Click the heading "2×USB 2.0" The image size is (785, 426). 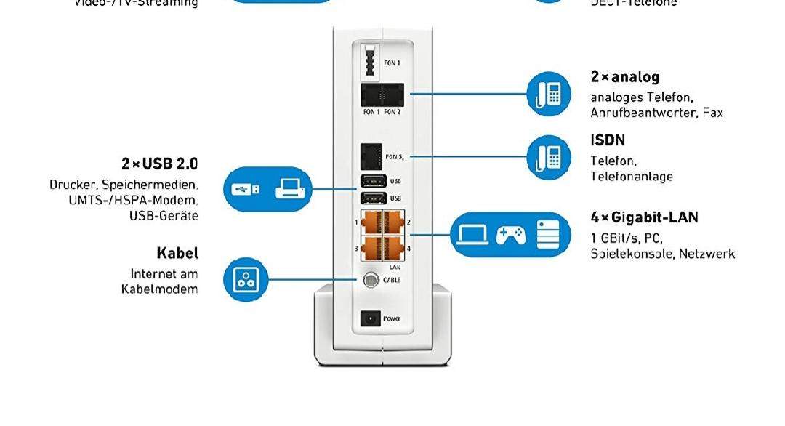pyautogui.click(x=159, y=164)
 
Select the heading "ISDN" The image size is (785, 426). pyautogui.click(x=608, y=140)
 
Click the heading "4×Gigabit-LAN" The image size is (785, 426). pyautogui.click(x=644, y=217)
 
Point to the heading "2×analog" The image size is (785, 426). pyautogui.click(x=625, y=77)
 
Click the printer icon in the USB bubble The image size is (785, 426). pyautogui.click(x=292, y=190)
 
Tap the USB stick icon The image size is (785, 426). pyautogui.click(x=245, y=190)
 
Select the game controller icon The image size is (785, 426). pyautogui.click(x=510, y=234)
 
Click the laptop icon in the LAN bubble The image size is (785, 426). pyautogui.click(x=473, y=234)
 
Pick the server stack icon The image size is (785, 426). pyautogui.click(x=549, y=234)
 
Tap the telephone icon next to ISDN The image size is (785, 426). pyautogui.click(x=549, y=157)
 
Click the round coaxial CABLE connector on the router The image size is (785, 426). pyautogui.click(x=371, y=280)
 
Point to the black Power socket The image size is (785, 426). pyautogui.click(x=371, y=318)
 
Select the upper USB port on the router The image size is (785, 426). pyautogui.click(x=371, y=180)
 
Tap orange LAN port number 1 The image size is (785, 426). pyautogui.click(x=371, y=221)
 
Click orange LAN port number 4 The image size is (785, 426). pyautogui.click(x=392, y=248)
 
